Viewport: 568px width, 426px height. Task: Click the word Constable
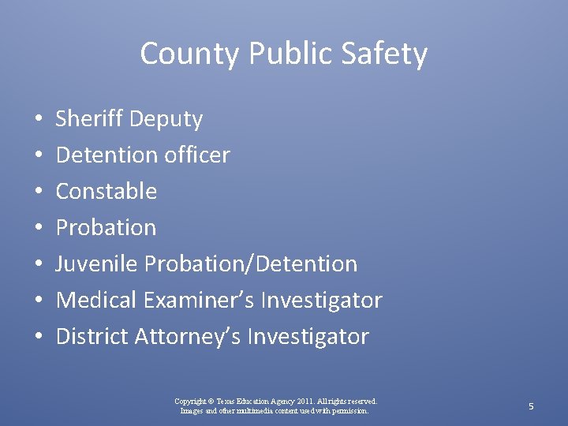click(106, 191)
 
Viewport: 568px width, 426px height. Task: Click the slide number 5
click(531, 405)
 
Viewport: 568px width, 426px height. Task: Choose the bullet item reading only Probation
click(106, 228)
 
